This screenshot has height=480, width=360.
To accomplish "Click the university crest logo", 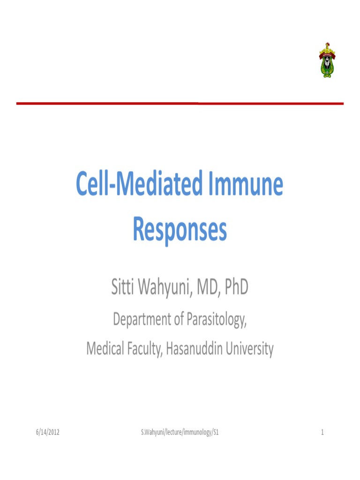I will (327, 59).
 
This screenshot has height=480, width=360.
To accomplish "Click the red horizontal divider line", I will (180, 103).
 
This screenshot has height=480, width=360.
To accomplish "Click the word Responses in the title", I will (180, 230).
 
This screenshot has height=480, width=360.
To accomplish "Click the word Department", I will (143, 320).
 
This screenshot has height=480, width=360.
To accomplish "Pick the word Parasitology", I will (216, 320).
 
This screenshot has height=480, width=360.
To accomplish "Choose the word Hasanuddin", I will (195, 349).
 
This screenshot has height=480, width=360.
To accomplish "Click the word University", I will (249, 349).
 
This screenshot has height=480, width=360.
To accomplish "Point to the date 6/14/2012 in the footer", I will (48, 432).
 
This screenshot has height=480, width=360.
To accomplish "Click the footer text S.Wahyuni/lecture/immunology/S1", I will (180, 432).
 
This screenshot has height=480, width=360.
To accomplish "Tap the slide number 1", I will (322, 432).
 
